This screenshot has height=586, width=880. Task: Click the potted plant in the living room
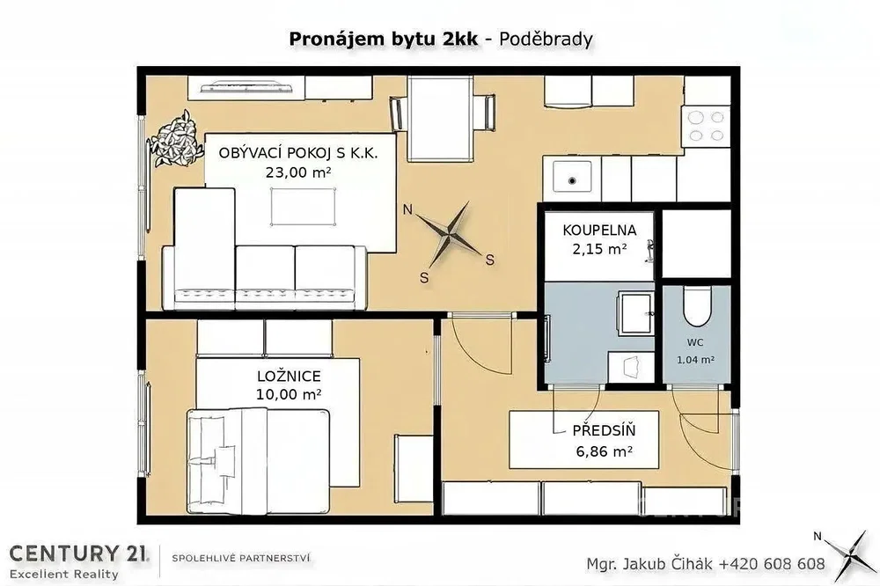(174, 139)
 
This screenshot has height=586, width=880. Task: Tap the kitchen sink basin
(572, 176)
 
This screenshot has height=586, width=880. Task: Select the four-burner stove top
(707, 126)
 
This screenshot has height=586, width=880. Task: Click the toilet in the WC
(696, 306)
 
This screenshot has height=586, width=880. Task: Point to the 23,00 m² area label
(298, 172)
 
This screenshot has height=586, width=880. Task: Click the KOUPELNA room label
(599, 231)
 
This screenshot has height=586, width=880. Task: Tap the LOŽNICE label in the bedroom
(289, 376)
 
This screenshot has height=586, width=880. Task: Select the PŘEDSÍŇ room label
(604, 430)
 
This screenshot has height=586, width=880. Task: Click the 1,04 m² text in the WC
(695, 360)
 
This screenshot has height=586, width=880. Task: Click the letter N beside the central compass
(408, 210)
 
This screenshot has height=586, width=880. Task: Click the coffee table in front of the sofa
(303, 206)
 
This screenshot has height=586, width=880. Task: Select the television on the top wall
(246, 87)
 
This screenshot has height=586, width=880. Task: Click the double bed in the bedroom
(258, 461)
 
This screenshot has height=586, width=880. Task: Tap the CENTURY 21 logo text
(79, 553)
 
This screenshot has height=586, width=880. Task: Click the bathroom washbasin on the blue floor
(635, 313)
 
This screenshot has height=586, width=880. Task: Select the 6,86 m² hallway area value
(604, 450)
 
